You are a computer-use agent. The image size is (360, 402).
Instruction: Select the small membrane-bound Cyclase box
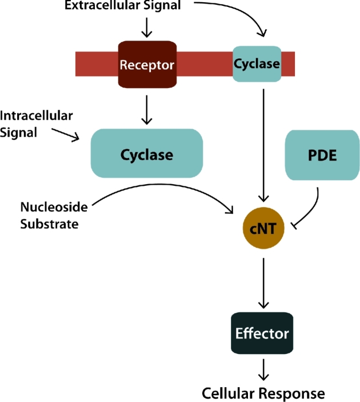click(257, 63)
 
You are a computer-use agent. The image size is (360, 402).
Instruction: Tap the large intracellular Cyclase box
click(146, 154)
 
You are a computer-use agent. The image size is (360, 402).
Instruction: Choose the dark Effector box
click(263, 333)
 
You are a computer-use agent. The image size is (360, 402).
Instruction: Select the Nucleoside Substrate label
click(49, 214)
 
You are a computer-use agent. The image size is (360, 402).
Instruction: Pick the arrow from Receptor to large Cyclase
click(147, 110)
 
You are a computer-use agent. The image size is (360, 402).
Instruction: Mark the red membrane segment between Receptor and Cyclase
click(203, 63)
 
